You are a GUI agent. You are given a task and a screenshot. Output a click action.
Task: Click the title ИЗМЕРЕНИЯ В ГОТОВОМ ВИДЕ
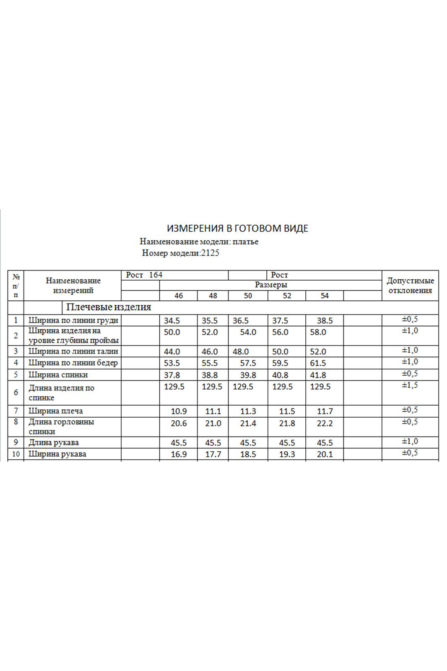(x=237, y=228)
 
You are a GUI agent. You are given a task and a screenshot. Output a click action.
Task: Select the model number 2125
(x=210, y=253)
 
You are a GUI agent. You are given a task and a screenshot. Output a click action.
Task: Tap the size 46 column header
(x=179, y=296)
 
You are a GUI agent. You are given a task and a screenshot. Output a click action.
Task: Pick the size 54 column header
(x=325, y=296)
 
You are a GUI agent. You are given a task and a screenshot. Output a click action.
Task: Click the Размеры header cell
(x=271, y=285)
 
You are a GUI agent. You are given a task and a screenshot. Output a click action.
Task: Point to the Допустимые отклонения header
(x=410, y=286)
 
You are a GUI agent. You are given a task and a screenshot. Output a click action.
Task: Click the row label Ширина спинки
(x=58, y=375)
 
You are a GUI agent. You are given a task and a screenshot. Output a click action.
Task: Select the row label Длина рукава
(x=53, y=442)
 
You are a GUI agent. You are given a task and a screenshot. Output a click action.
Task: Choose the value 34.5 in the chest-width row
(x=172, y=321)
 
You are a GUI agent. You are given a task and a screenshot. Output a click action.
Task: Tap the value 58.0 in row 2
(x=318, y=332)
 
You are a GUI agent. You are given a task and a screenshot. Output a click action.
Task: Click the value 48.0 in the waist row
(x=241, y=352)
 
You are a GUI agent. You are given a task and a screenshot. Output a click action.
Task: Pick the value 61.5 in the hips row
(x=318, y=363)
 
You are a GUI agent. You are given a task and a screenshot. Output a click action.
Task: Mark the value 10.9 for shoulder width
(x=179, y=411)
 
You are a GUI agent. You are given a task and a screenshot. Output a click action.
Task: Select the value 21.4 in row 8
(x=248, y=424)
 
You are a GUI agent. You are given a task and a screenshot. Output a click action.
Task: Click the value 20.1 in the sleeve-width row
(x=325, y=454)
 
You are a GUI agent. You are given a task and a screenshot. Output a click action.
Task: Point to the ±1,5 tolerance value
(x=410, y=385)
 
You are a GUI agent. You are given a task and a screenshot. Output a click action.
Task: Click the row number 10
(x=16, y=454)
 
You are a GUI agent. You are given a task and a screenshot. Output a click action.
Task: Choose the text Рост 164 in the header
(x=144, y=275)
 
